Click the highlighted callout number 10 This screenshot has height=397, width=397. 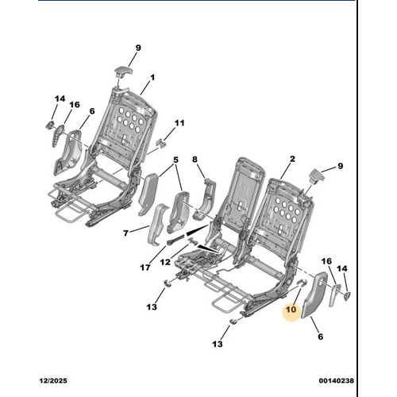point(291,309)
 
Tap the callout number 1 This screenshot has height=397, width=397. point(152,78)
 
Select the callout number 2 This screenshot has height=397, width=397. point(292,159)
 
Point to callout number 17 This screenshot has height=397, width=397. point(145,268)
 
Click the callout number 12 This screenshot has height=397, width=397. point(165,262)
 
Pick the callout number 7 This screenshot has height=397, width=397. point(125,233)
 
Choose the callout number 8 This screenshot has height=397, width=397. point(195,160)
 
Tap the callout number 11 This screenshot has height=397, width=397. point(179,123)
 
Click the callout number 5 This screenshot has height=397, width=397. point(175,160)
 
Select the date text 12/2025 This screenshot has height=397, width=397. point(53,380)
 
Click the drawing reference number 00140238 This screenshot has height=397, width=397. point(336,380)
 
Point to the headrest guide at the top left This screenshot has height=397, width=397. point(122,72)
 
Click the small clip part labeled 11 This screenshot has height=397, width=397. point(161,143)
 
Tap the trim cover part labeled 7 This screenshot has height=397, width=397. point(157,224)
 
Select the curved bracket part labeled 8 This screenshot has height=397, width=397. point(205,199)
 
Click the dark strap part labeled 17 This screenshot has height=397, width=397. point(175,239)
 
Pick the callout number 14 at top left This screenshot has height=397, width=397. point(60,99)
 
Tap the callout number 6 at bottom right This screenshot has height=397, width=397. point(320,337)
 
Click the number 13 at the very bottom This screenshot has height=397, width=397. point(218,344)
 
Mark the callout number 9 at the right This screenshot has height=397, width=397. point(340,166)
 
